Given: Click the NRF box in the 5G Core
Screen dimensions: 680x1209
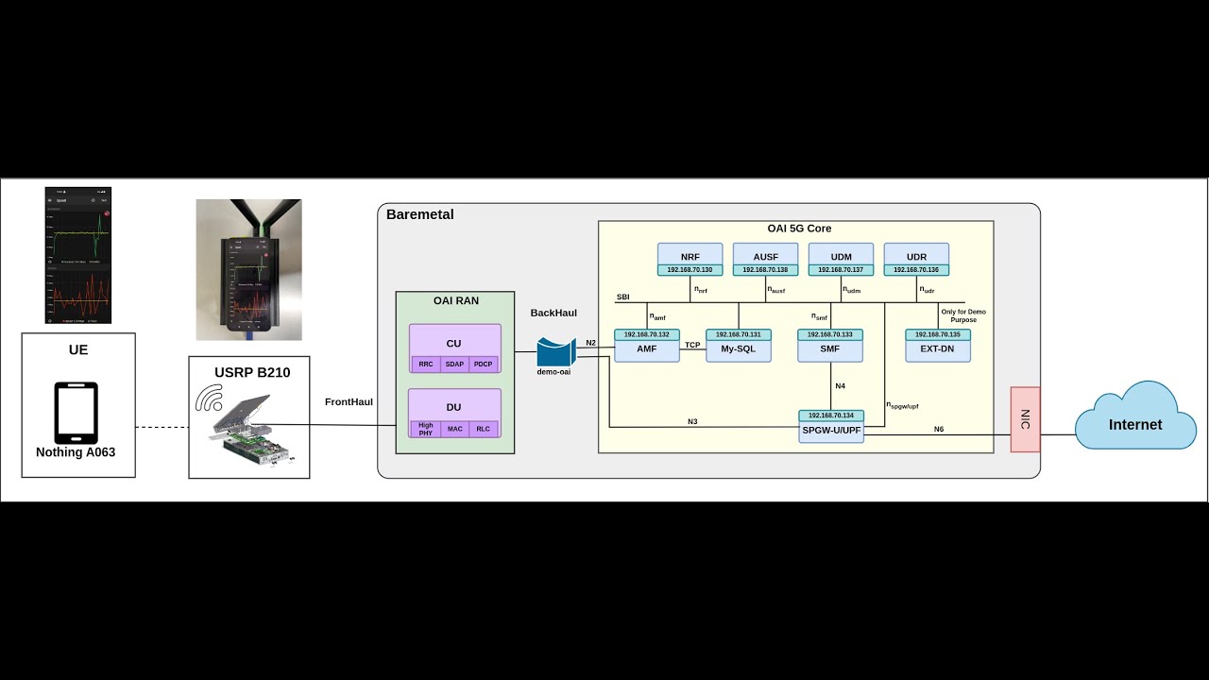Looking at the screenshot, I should (x=690, y=256).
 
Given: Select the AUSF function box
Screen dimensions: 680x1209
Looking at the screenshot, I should (x=765, y=256).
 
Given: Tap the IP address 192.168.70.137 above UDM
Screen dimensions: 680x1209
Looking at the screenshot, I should (x=841, y=270).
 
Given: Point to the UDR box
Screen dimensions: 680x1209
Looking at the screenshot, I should (x=916, y=256).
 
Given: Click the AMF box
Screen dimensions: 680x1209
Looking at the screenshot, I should (x=646, y=348).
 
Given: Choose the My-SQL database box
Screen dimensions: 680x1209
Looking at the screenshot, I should (x=739, y=348).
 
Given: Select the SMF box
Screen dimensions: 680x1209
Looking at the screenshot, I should (x=829, y=348).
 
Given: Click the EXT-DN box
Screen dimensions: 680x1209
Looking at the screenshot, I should (x=937, y=348).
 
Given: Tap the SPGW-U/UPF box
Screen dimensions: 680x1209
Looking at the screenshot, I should (x=831, y=430).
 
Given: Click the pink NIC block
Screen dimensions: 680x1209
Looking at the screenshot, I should (x=1025, y=419).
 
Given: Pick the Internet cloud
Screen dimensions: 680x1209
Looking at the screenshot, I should (x=1134, y=424).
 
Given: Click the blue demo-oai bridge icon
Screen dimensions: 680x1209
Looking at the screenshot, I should (x=556, y=352).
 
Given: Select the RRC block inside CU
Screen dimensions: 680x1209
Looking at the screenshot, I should (x=426, y=365).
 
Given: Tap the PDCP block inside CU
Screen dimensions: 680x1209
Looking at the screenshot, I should (x=484, y=365).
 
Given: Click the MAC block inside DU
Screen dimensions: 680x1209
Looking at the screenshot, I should (x=454, y=430).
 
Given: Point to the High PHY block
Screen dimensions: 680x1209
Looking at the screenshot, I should (x=426, y=430).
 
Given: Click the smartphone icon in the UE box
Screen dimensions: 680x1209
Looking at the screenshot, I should (x=77, y=413).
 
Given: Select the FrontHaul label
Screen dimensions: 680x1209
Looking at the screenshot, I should (x=349, y=402).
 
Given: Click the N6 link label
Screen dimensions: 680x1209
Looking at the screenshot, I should (x=938, y=429).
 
